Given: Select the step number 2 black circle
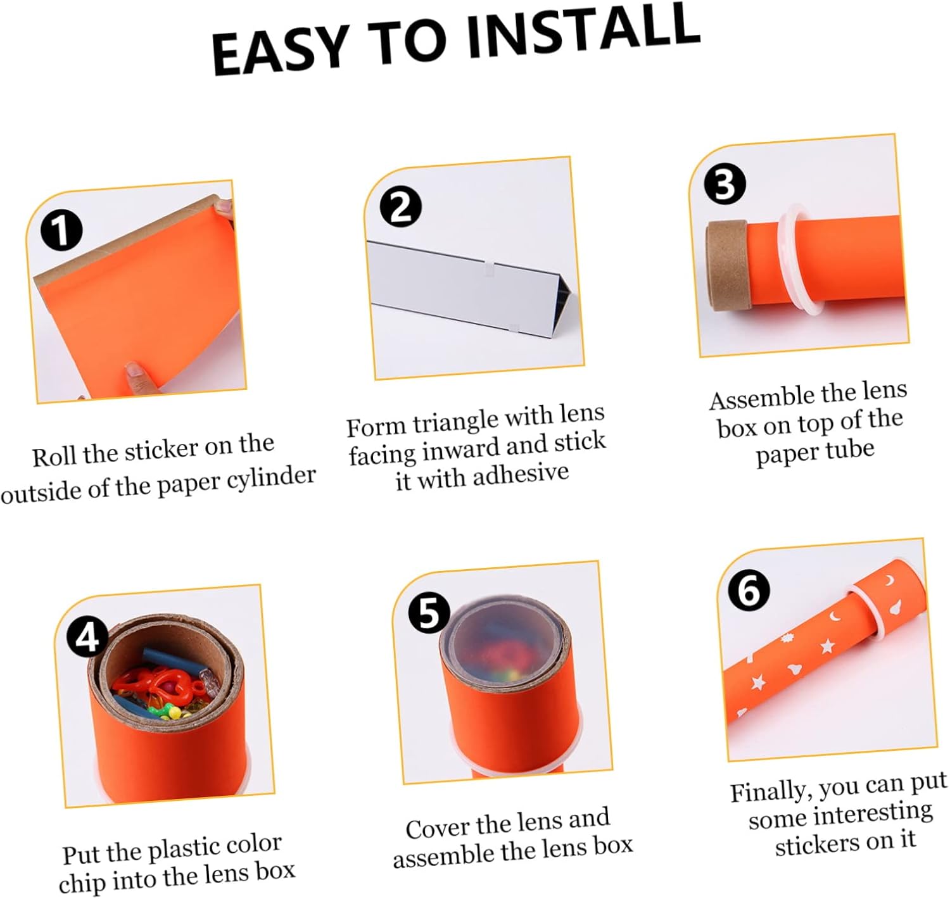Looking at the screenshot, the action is tap(400, 207).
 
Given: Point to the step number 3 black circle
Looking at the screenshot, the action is tap(725, 184).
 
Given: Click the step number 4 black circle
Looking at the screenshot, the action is tap(87, 637).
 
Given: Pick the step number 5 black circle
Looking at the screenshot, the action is tap(429, 613).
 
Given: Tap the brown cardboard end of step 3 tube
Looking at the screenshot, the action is tap(726, 265).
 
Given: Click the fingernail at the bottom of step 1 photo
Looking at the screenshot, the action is tap(134, 372).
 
